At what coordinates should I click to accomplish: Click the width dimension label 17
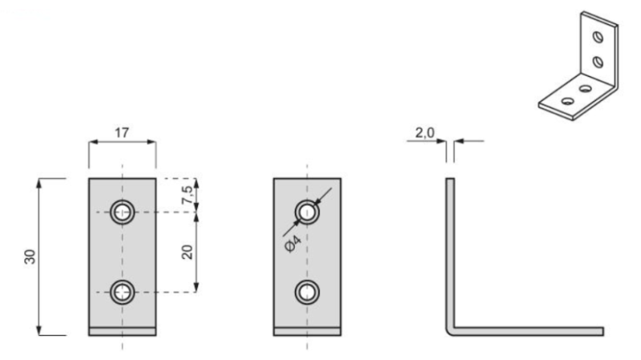122,132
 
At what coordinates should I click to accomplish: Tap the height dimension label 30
30,257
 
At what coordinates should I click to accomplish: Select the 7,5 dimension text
187,195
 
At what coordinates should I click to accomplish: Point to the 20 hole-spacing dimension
187,252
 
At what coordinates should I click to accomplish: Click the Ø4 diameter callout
292,244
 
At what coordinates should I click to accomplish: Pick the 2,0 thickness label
425,132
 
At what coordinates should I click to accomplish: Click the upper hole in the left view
123,212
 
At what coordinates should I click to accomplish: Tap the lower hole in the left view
123,292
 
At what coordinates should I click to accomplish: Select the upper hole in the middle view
307,212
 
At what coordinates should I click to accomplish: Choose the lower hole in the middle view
307,292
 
